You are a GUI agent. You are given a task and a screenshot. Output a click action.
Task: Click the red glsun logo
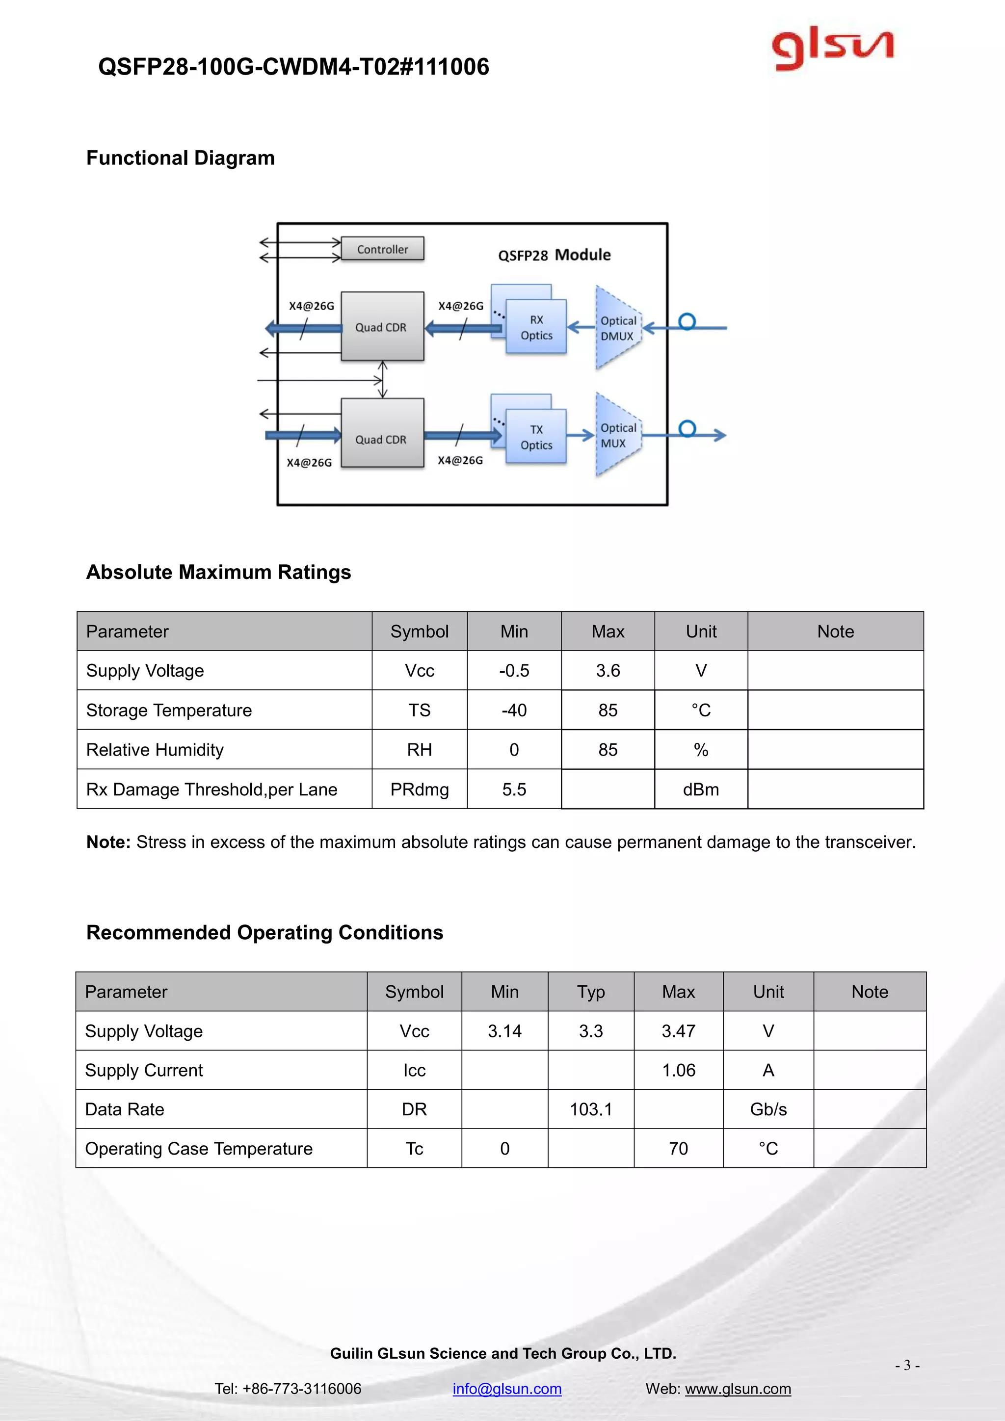[x=832, y=48]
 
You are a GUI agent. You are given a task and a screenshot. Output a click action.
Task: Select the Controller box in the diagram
[x=382, y=249]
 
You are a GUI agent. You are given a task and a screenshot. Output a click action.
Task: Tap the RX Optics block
[x=536, y=327]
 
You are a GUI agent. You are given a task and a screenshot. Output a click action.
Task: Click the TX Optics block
[x=536, y=437]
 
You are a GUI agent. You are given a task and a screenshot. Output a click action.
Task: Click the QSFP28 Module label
[x=554, y=255]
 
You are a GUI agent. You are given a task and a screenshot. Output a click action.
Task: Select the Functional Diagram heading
[x=180, y=158]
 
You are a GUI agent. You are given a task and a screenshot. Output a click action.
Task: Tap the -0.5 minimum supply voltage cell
[x=514, y=670]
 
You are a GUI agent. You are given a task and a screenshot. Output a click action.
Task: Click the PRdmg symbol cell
[x=419, y=789]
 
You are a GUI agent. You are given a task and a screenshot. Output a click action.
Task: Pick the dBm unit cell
[x=701, y=789]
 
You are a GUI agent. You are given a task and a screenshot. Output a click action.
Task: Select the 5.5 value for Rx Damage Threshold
[x=514, y=789]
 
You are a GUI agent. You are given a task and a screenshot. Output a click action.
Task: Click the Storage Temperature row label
[x=169, y=710]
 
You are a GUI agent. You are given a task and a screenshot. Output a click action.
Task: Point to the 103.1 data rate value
[x=590, y=1109]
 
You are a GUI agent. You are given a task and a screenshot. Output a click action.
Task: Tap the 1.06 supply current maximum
[x=678, y=1070]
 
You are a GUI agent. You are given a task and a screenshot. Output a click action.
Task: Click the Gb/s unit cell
[x=768, y=1109]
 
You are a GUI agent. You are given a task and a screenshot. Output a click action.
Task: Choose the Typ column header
[x=590, y=992]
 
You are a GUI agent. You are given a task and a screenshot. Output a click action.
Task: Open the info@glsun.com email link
[x=507, y=1388]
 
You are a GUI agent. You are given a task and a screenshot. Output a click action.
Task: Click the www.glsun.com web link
[x=738, y=1388]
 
